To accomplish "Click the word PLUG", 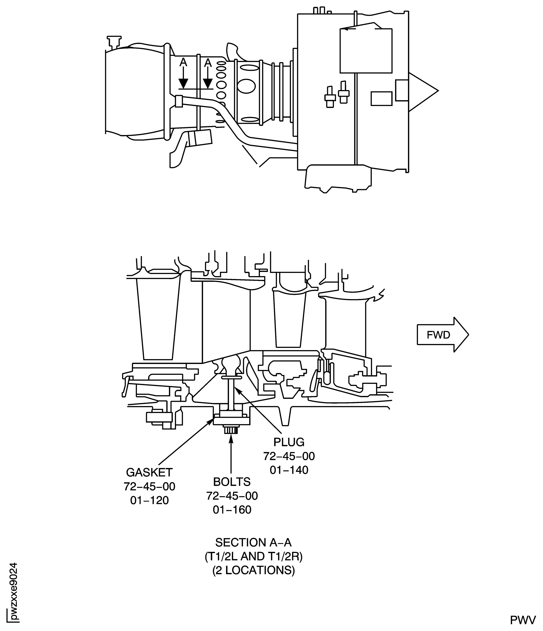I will pos(288,442).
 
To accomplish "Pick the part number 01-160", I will pos(232,510).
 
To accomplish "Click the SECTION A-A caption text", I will pos(253,542).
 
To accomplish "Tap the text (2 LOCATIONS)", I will pos(253,570).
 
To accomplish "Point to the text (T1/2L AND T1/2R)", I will pos(253,556).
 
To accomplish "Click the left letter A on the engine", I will pos(183,62).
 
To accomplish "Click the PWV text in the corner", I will pos(523,620).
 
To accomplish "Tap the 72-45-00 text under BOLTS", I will pos(232,496).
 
